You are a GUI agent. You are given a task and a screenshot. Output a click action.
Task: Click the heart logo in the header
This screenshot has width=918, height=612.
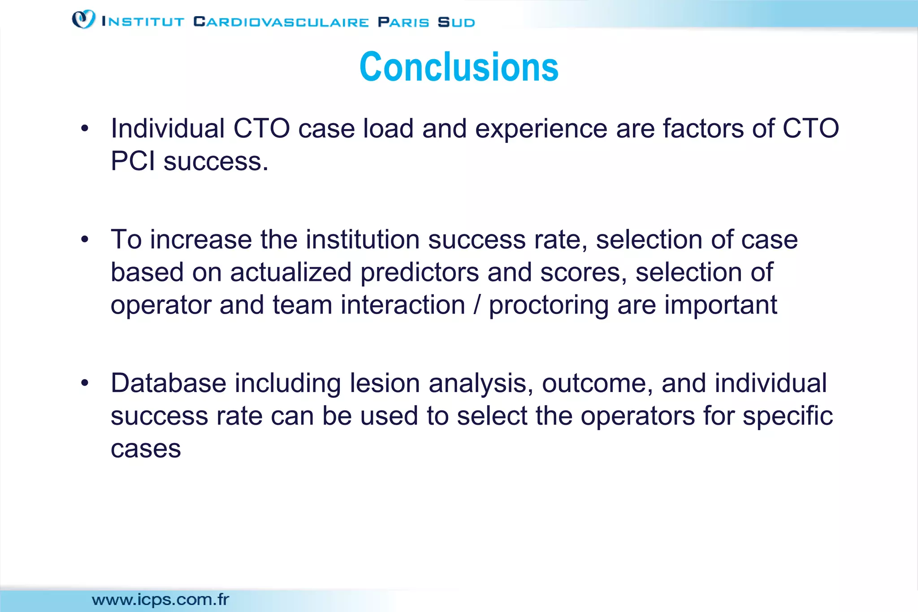[83, 19]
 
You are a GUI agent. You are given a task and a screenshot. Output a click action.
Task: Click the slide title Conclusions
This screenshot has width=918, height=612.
[459, 67]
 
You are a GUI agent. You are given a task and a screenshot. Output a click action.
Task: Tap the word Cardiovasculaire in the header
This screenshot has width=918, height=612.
[281, 22]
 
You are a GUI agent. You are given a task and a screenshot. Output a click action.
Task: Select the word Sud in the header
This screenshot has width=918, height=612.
[456, 22]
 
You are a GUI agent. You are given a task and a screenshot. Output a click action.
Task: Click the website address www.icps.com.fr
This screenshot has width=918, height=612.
[160, 599]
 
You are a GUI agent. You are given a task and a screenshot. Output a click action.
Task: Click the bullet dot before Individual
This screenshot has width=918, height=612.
[85, 129]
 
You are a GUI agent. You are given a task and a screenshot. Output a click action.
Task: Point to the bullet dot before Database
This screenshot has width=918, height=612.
[85, 384]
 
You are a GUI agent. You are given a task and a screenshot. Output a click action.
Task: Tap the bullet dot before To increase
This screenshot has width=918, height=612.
[85, 240]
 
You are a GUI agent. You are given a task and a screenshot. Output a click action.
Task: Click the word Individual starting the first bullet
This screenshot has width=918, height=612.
[168, 129]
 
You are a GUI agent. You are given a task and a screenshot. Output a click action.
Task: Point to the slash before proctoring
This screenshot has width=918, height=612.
[477, 305]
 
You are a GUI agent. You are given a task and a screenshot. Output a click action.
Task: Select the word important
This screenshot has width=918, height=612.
[720, 305]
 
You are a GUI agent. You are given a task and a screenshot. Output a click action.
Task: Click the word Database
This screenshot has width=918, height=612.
[169, 384]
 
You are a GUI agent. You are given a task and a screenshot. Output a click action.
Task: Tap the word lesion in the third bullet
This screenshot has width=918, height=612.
[385, 384]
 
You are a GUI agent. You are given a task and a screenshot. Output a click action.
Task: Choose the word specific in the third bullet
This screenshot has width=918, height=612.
[788, 416]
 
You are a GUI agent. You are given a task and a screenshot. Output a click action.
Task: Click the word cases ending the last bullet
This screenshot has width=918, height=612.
[146, 449]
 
